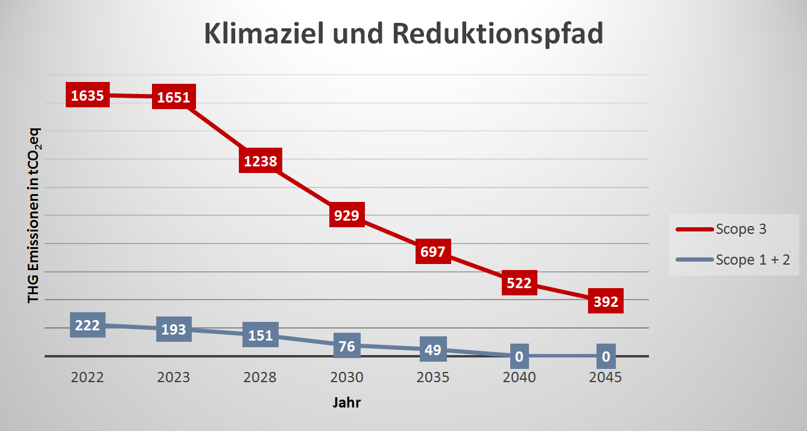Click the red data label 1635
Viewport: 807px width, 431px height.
(87, 95)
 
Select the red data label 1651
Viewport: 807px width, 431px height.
(174, 98)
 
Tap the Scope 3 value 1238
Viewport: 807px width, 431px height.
(261, 161)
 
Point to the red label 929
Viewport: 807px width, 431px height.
(347, 215)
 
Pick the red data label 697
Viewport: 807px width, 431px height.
(433, 251)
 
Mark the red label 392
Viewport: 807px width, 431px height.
(606, 301)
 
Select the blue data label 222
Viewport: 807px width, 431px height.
(87, 325)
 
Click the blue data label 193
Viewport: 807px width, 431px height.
(174, 329)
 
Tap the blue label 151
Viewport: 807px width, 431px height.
(261, 335)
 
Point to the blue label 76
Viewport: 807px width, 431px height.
(347, 345)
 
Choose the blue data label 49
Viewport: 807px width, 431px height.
(433, 349)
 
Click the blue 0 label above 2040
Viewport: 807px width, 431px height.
(519, 357)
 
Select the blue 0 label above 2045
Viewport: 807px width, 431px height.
(606, 357)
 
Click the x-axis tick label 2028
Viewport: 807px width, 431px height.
(260, 378)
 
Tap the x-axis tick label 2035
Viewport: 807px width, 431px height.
(433, 378)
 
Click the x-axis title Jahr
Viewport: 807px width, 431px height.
(347, 403)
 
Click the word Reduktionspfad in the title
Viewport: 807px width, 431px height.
(497, 34)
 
